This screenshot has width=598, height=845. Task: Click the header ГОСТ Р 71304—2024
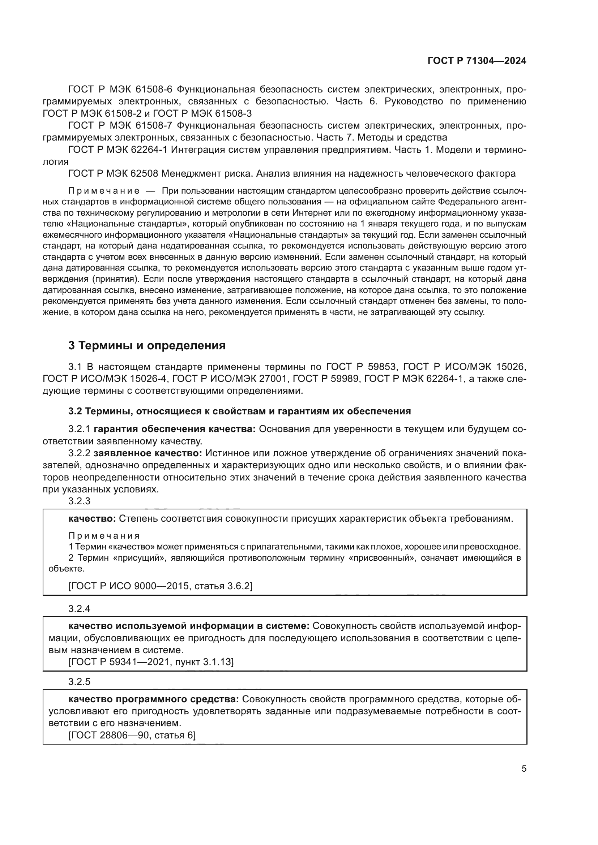(x=477, y=61)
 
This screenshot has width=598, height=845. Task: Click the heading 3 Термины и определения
(x=147, y=346)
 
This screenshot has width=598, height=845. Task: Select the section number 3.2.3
(x=79, y=501)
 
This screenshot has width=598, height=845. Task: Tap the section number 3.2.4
(x=79, y=609)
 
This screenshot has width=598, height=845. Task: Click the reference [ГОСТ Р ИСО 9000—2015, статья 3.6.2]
(x=160, y=586)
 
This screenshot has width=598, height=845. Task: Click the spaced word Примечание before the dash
(x=104, y=191)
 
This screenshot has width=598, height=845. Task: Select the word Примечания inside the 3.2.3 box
(x=104, y=535)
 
